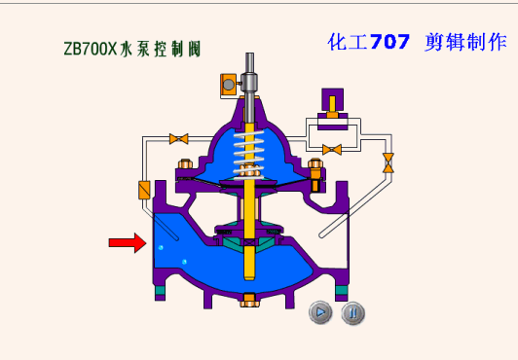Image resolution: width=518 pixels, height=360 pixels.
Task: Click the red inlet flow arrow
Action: tap(128, 243)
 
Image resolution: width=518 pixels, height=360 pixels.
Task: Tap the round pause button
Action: tap(352, 312)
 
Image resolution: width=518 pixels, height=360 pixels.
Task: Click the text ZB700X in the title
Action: tap(91, 49)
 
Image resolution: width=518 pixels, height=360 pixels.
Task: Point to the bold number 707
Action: tap(389, 42)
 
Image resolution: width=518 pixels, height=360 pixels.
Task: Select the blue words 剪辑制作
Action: tap(465, 42)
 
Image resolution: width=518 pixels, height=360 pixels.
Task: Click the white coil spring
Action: tap(249, 155)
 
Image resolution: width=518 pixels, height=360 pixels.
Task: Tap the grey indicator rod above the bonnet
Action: tap(249, 86)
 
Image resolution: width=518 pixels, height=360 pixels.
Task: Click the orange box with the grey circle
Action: tap(228, 85)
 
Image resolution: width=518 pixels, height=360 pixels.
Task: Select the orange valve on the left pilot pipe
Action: tap(179, 139)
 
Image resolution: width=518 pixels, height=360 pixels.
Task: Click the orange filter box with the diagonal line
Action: tap(144, 190)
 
